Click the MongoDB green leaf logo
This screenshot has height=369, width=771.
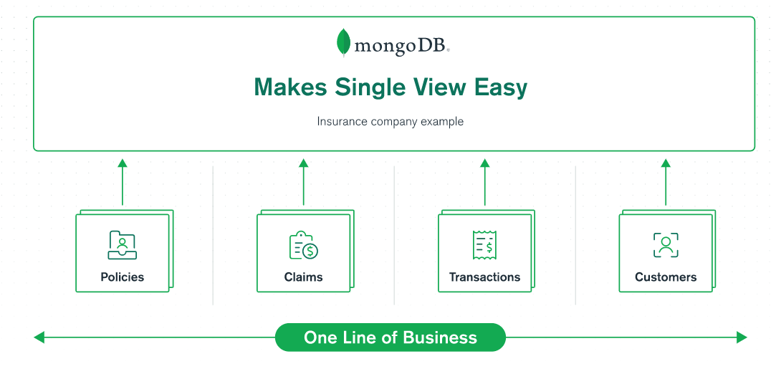coord(344,42)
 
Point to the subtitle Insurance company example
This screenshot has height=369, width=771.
coord(390,122)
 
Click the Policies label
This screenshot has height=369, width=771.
coord(122,277)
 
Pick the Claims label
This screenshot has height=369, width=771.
coord(303,277)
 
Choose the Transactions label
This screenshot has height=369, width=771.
coord(484,277)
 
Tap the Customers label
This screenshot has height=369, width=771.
coord(666,277)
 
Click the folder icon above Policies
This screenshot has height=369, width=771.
coord(122,245)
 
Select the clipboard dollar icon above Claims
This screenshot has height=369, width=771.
coord(303,245)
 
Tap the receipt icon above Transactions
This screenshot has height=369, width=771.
coord(484,245)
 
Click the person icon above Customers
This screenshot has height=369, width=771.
coord(666,245)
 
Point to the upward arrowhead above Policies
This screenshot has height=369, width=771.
coord(122,163)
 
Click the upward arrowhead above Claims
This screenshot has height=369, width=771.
coord(303,163)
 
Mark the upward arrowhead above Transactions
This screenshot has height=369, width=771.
coord(484,163)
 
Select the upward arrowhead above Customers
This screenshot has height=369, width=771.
coord(666,163)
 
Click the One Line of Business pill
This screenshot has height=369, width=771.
coord(390,337)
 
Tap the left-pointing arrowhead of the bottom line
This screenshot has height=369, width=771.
coord(39,337)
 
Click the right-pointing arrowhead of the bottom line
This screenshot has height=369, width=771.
coord(742,337)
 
